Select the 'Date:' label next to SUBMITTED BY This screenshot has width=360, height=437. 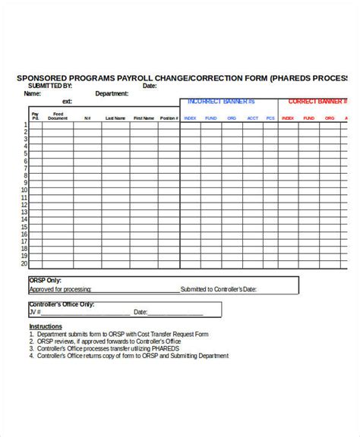pos(150,86)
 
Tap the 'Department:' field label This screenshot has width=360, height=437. pos(112,94)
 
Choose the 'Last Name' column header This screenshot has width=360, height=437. pos(115,118)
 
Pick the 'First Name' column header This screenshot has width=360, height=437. pos(144,118)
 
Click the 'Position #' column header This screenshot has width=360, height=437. pos(169,118)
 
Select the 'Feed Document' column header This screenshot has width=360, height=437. pos(58,116)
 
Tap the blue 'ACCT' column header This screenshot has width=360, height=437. pos(252,118)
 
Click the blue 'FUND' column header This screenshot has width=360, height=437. pos(210,118)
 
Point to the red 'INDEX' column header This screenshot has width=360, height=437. pos(288,118)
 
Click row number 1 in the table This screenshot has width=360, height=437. pos(25,125)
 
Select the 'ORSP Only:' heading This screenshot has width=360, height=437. pos(46,280)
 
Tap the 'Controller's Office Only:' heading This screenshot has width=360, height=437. pos(62,304)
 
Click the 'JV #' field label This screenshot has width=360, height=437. pos(35,312)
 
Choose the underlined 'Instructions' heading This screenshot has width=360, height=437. pos(46,326)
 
